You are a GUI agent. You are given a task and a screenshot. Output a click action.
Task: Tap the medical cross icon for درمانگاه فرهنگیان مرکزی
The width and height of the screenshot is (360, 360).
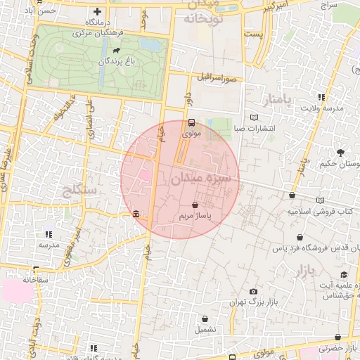pos(97,11)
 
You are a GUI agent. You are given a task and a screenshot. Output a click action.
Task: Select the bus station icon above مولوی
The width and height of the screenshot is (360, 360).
pos(192,121)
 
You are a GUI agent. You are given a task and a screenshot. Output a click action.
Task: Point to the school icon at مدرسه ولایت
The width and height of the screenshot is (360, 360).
pos(321,97)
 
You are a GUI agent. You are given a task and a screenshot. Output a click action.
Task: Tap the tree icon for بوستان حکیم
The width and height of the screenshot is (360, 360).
pos(341,153)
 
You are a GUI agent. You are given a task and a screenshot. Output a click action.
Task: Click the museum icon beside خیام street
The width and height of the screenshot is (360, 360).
pos(135,214)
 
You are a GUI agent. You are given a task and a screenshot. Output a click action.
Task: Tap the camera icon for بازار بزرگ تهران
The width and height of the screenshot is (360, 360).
pos(253,291)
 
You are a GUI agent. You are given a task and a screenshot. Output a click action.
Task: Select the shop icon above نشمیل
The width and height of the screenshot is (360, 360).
pos(205,318)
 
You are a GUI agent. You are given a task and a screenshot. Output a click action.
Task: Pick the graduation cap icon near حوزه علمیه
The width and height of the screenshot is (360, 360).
pos(344,275)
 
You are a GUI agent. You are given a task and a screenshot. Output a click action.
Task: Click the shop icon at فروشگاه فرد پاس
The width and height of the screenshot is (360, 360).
pos(301,238)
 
